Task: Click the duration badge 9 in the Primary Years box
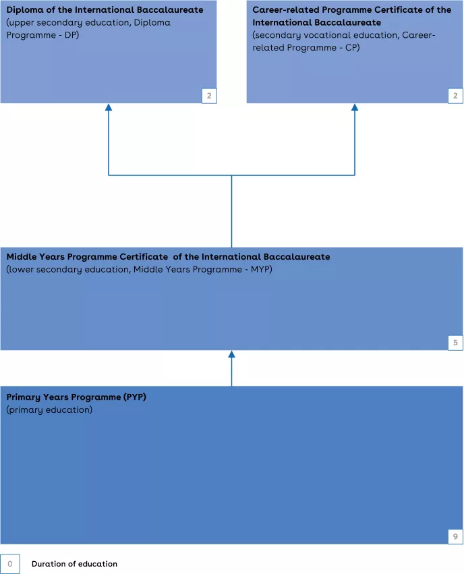click(455, 536)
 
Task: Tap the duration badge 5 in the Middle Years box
click(455, 343)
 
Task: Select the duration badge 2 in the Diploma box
click(209, 96)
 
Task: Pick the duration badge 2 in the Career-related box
click(455, 96)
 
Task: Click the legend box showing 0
click(10, 564)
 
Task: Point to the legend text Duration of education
click(74, 564)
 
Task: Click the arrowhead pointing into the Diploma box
click(109, 107)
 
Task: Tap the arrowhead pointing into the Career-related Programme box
click(355, 107)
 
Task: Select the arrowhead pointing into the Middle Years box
click(231, 354)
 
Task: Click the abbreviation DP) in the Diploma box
click(71, 35)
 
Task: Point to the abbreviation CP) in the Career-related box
click(353, 48)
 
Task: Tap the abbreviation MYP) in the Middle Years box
click(261, 269)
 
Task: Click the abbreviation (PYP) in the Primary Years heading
click(135, 397)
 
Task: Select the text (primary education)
click(49, 409)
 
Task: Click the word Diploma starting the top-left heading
click(25, 10)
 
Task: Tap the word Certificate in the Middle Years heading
click(144, 256)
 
